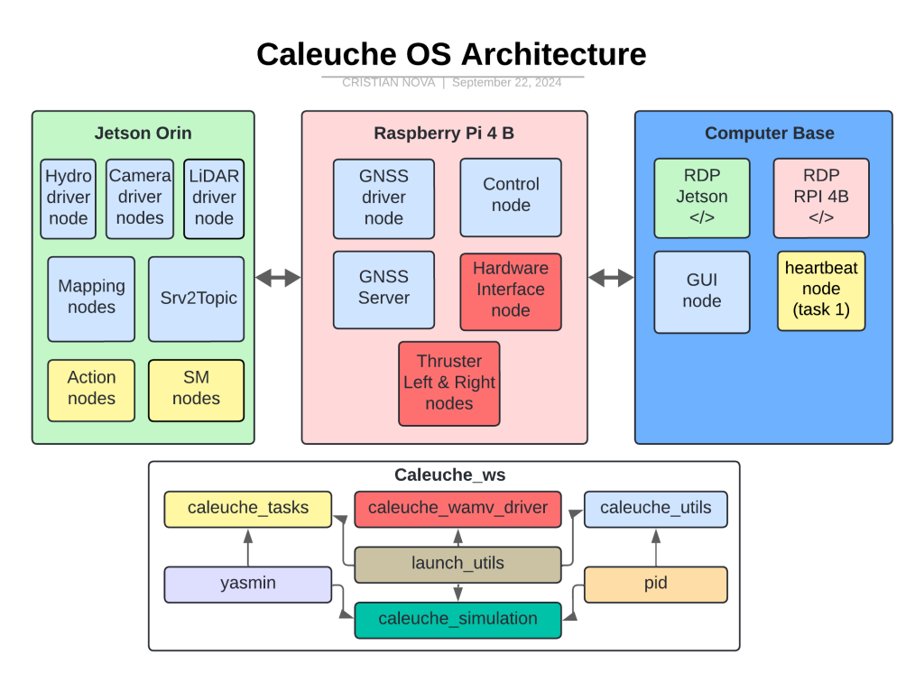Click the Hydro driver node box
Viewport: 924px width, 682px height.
click(x=69, y=198)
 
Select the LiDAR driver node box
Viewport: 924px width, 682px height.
click(x=214, y=198)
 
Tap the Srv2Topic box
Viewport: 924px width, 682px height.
click(x=196, y=299)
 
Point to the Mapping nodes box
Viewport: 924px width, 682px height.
click(x=91, y=299)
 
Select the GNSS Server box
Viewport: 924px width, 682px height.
click(x=383, y=289)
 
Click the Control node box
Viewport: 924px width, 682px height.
click(x=511, y=196)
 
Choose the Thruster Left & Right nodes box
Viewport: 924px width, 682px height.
click(x=448, y=382)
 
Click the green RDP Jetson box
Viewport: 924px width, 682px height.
click(x=702, y=198)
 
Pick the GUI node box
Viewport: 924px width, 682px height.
click(x=702, y=290)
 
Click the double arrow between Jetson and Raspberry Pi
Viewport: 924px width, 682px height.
click(x=278, y=279)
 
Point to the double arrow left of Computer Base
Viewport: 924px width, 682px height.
click(x=611, y=279)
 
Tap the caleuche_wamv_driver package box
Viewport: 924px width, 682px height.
click(x=457, y=509)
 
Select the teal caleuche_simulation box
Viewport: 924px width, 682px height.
click(x=457, y=620)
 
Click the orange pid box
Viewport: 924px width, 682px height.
click(x=656, y=585)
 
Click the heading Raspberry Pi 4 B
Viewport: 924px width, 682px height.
click(x=444, y=134)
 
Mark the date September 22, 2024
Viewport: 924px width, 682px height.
click(x=506, y=83)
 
